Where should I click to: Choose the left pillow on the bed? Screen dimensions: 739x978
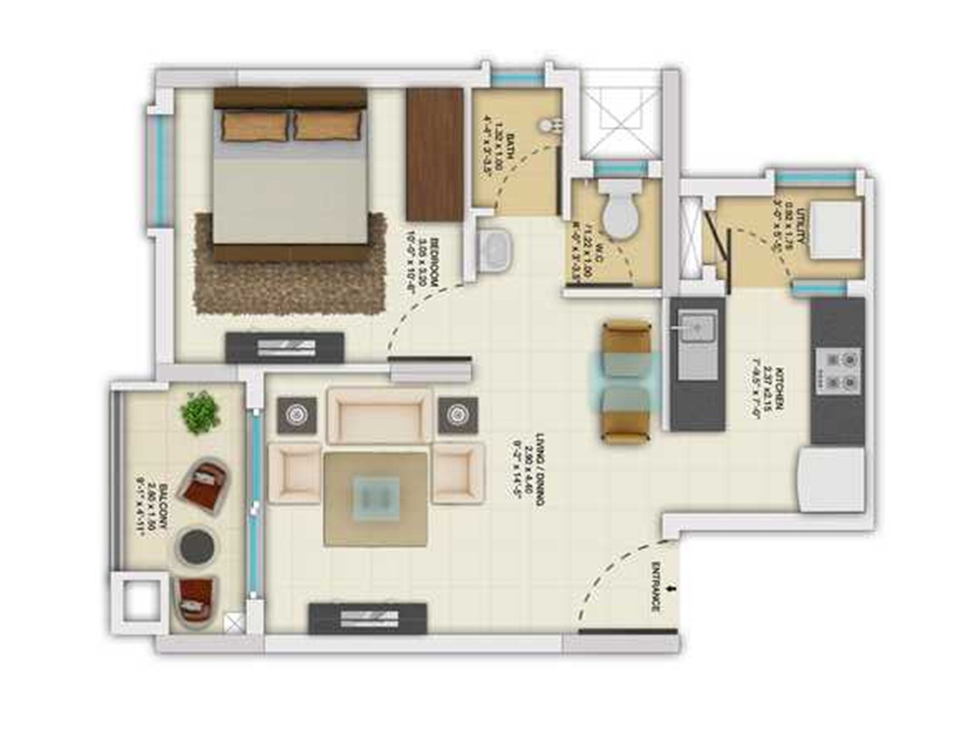click(255, 126)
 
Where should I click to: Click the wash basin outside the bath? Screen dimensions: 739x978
click(496, 248)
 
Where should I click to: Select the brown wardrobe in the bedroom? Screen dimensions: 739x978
click(435, 154)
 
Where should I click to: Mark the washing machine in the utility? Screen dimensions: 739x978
click(835, 229)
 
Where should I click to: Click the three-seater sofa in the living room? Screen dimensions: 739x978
click(379, 416)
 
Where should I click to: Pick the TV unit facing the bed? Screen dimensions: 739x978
click(284, 347)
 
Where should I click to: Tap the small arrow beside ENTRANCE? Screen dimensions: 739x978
click(671, 590)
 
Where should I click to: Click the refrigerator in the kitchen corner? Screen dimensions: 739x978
click(831, 478)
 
